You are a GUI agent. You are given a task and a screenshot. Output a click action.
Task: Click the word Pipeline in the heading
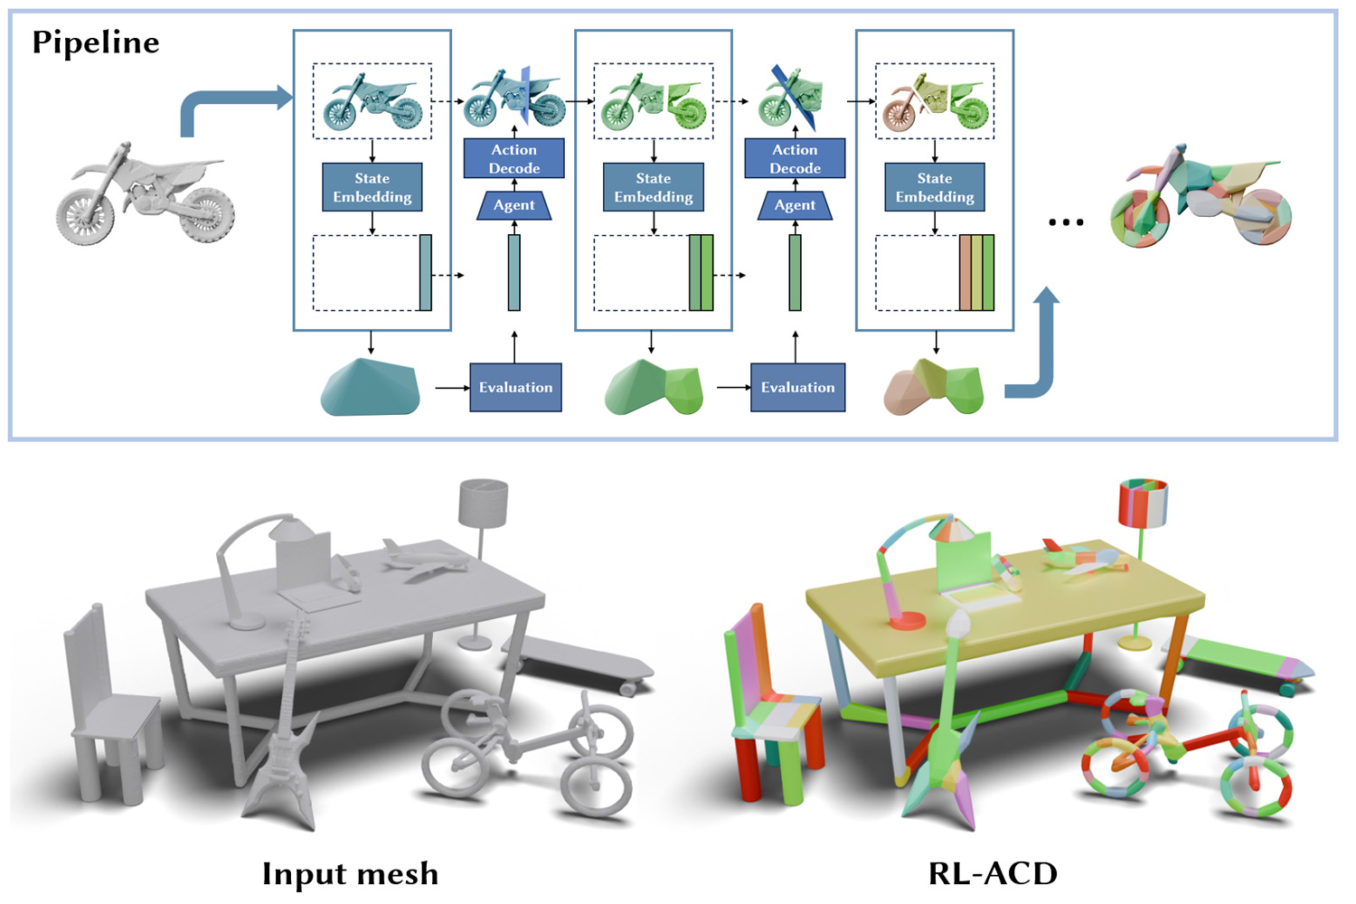[x=96, y=42]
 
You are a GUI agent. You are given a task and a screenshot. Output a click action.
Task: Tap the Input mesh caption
[x=350, y=873]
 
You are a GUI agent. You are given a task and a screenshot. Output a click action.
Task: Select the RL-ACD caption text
[x=993, y=873]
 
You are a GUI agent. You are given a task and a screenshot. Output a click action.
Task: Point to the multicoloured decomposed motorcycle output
[x=1200, y=198]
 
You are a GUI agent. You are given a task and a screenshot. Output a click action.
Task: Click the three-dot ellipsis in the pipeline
[x=1066, y=221]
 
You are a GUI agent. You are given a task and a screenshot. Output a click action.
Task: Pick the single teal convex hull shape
[x=371, y=388]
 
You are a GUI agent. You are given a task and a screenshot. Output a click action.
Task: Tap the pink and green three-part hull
[x=934, y=388]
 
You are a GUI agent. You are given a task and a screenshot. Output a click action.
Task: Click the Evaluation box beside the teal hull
[x=515, y=388]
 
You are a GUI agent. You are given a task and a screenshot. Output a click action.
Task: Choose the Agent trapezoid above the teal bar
[x=513, y=205]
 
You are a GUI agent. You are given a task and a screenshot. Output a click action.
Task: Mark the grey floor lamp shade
[x=483, y=503]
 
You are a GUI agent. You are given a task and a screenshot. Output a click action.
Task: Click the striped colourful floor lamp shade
[x=1143, y=503]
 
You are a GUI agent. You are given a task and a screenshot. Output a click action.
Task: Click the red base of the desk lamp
[x=906, y=620]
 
